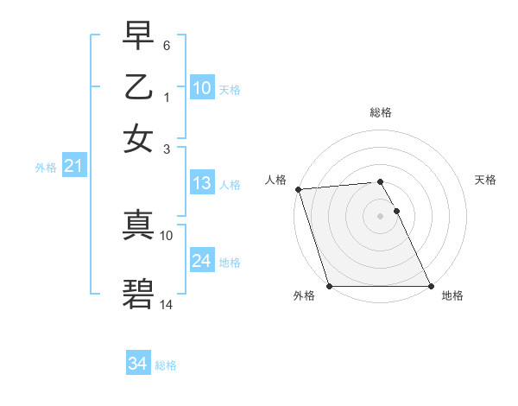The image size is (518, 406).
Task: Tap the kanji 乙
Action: point(139,87)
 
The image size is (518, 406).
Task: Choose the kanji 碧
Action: point(139,294)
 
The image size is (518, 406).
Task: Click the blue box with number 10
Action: point(201,88)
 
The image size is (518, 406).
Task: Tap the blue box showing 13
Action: point(201,183)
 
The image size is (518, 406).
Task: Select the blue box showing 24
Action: point(201,261)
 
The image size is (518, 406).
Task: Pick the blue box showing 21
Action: point(73,166)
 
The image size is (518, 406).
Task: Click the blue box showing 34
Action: point(137,365)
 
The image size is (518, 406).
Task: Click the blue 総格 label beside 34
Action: point(166,365)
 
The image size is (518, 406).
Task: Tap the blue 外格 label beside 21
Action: point(45,168)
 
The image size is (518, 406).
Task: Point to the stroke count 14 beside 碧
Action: point(167,306)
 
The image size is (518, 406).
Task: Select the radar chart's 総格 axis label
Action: point(380,112)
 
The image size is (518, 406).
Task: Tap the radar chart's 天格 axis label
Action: point(485,180)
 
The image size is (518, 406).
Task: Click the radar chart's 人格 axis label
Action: point(275,180)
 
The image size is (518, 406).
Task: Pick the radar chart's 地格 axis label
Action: point(452,295)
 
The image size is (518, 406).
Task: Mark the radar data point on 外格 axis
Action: point(329,286)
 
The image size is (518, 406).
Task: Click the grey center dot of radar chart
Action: point(380,216)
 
